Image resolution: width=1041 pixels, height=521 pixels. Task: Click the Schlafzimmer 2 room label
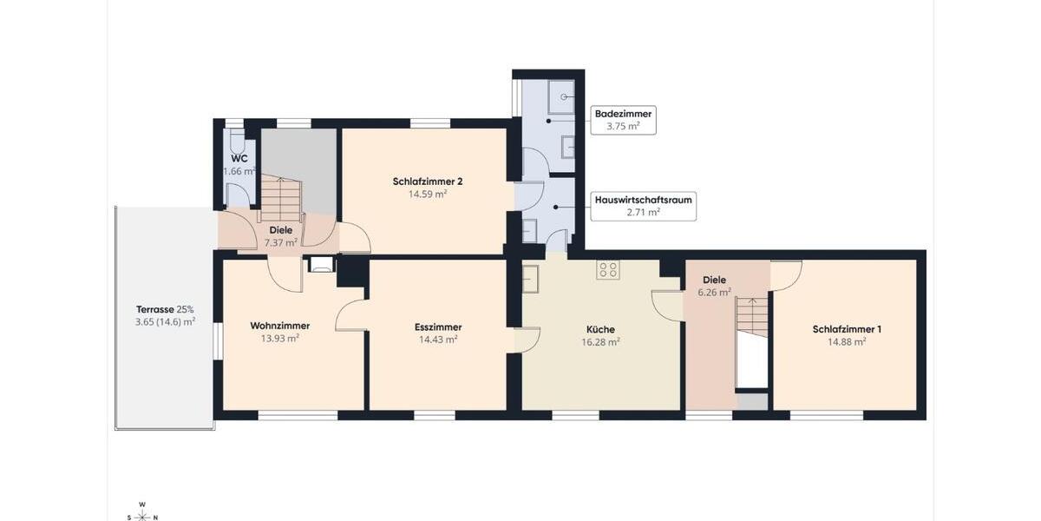[427, 181]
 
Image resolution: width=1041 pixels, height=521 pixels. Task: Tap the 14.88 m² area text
[847, 341]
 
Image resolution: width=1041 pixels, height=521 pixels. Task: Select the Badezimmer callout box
[622, 120]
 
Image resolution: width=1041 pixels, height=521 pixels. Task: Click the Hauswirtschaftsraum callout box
[643, 206]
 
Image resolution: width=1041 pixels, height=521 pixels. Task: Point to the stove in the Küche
[607, 270]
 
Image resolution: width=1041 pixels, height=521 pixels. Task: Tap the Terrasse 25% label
[165, 309]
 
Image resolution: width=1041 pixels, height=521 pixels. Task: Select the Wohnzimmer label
[279, 326]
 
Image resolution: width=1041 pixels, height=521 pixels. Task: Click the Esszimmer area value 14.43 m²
[438, 340]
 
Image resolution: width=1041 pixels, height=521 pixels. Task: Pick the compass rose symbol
[141, 511]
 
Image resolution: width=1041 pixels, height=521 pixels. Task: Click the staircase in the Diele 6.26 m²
[752, 319]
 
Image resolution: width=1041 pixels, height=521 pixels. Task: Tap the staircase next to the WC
[282, 197]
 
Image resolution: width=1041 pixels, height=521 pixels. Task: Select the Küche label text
[600, 329]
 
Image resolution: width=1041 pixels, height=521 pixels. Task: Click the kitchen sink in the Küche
[530, 279]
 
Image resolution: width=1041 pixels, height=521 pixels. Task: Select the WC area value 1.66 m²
[239, 171]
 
